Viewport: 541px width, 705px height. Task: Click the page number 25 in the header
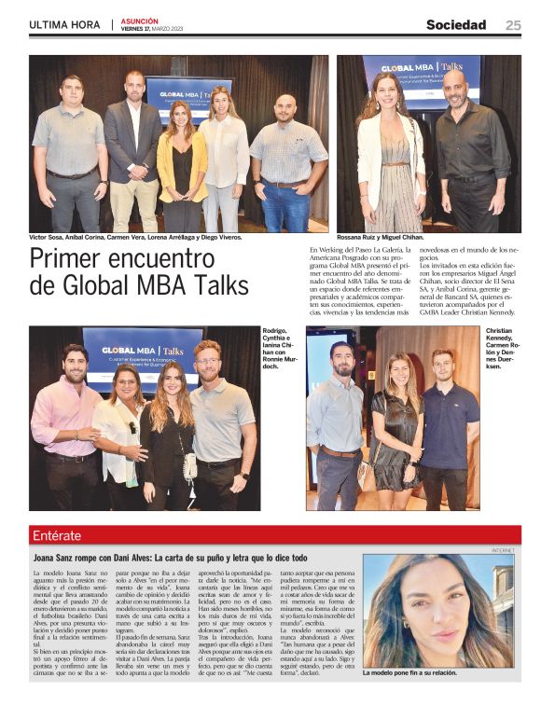[x=513, y=25]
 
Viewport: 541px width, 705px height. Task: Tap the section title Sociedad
[x=456, y=25]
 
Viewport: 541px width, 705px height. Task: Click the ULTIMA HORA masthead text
[x=62, y=25]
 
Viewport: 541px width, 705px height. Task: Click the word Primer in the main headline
[x=73, y=259]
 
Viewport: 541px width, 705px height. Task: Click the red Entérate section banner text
[x=57, y=535]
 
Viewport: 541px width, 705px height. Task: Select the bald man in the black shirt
[x=471, y=149]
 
